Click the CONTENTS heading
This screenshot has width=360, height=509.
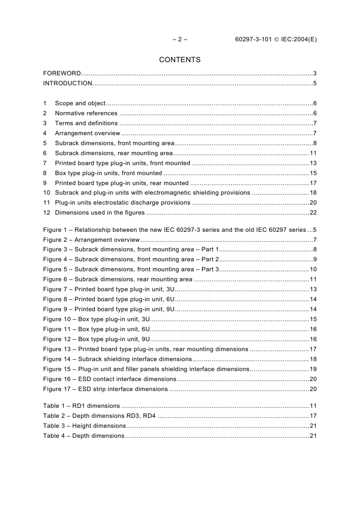pos(180,59)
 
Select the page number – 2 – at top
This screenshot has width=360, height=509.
pos(180,39)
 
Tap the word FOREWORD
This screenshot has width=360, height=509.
pos(62,73)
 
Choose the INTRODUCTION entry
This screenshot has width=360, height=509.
pos(67,83)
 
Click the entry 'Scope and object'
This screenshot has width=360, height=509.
pos(80,103)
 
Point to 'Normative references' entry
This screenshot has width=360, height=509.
pos(86,113)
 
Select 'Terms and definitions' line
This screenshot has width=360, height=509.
pos(86,123)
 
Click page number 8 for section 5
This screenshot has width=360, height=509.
pos(315,143)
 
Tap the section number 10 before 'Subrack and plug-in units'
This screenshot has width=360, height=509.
pos(46,193)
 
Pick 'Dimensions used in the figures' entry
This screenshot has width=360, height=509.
pos(100,213)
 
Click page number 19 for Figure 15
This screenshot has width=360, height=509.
pos(313,369)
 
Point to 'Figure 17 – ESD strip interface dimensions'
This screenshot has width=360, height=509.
pos(105,389)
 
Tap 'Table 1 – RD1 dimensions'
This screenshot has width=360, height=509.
pos(81,406)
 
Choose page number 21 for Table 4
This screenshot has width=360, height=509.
pos(313,436)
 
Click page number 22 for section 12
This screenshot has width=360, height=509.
pos(313,213)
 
